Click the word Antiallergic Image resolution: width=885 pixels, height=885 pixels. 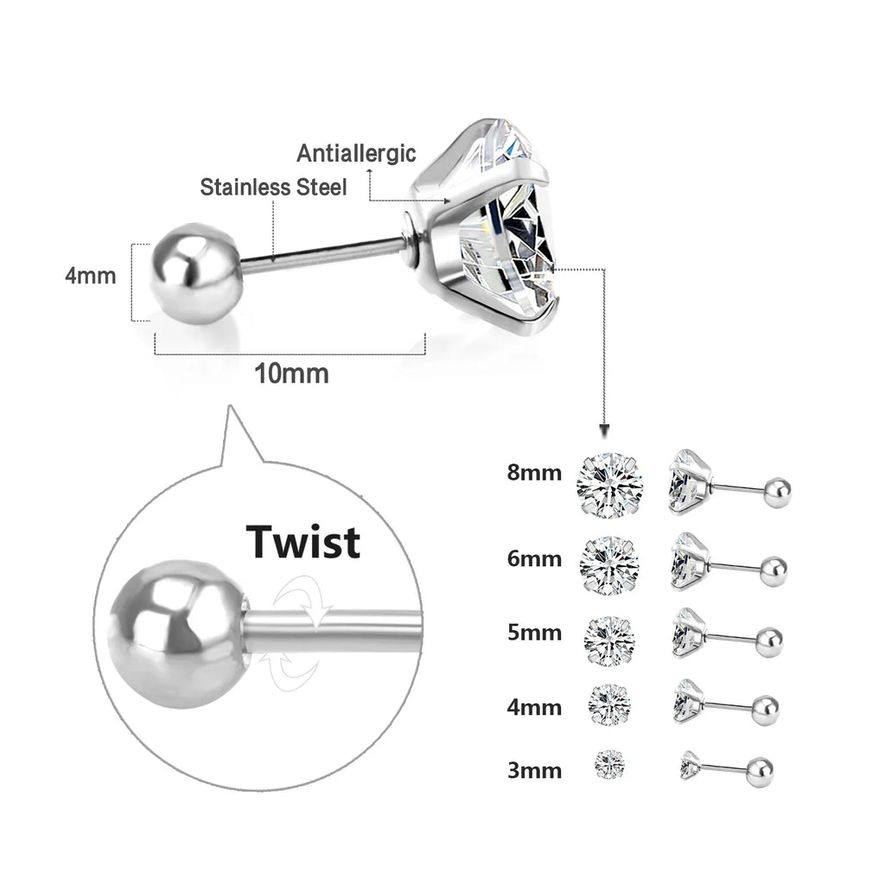pyautogui.click(x=356, y=154)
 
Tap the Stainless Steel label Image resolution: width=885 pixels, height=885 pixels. pyautogui.click(x=273, y=187)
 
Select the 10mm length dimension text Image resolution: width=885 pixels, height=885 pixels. pyautogui.click(x=291, y=373)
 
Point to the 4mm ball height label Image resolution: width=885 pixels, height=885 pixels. pyautogui.click(x=90, y=277)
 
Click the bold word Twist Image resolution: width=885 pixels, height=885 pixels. pyautogui.click(x=302, y=541)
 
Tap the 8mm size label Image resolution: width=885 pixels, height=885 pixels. pyautogui.click(x=534, y=473)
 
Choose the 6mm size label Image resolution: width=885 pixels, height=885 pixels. pyautogui.click(x=534, y=558)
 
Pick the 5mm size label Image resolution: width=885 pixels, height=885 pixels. pyautogui.click(x=534, y=633)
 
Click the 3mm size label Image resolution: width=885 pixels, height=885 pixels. pyautogui.click(x=534, y=770)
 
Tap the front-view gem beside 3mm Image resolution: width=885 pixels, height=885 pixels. pyautogui.click(x=610, y=763)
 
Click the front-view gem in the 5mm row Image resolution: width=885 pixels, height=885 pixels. pyautogui.click(x=610, y=640)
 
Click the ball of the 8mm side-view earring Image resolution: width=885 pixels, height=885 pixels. pyautogui.click(x=775, y=491)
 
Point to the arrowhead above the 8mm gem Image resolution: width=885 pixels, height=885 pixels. pyautogui.click(x=605, y=430)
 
